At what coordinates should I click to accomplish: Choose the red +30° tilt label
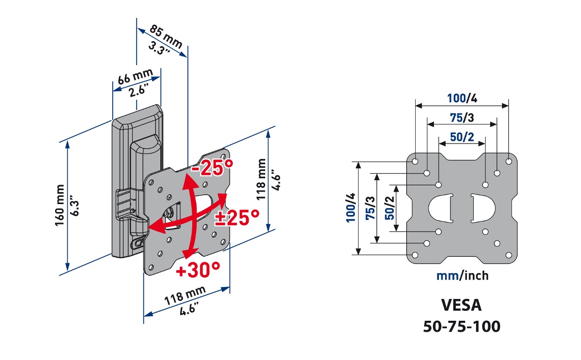click(x=197, y=270)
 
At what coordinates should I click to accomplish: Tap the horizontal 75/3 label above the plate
click(x=462, y=118)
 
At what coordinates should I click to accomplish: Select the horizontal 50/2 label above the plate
click(x=462, y=137)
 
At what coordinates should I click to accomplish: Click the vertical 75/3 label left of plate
click(x=369, y=208)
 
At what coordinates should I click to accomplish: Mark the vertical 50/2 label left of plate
click(x=389, y=208)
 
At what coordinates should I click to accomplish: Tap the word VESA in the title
click(x=462, y=304)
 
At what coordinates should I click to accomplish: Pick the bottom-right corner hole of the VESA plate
click(x=508, y=255)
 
